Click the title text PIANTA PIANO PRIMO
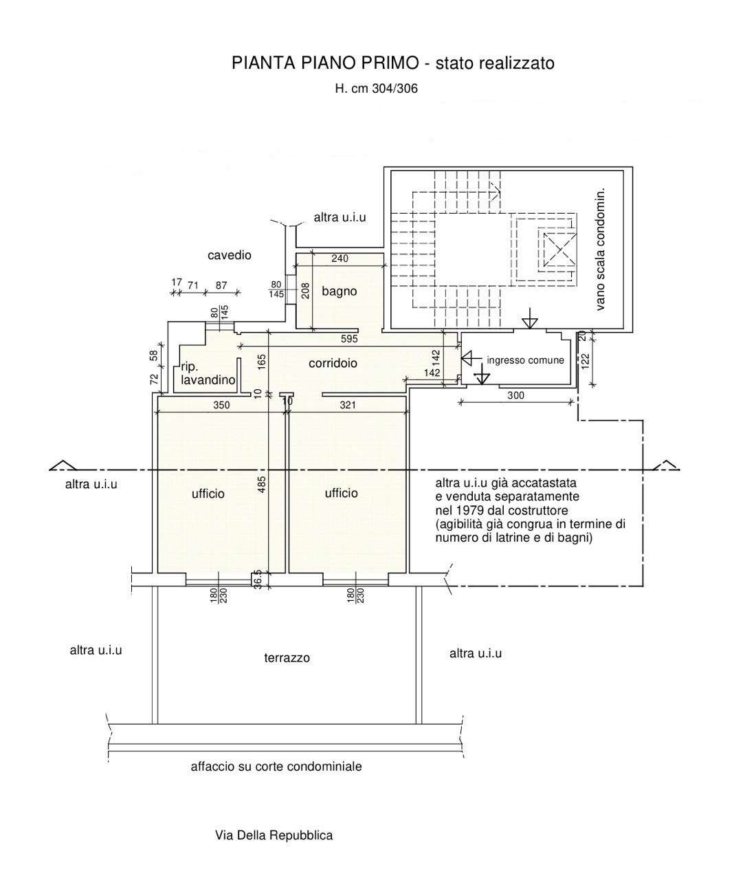[x=325, y=63]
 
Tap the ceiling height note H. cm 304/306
[x=377, y=89]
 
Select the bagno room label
[x=340, y=292]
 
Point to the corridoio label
[x=333, y=363]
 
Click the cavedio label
[x=230, y=255]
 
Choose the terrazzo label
[x=287, y=658]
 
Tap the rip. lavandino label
[x=208, y=373]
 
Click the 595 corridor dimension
[x=350, y=339]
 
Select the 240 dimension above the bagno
[x=340, y=258]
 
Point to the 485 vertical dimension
[x=262, y=485]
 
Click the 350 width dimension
[x=221, y=405]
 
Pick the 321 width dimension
[x=348, y=405]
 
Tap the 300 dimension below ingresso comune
[x=516, y=395]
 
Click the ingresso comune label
[x=525, y=360]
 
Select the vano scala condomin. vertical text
[x=600, y=250]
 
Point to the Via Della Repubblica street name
[x=274, y=835]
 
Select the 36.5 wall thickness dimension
[x=257, y=580]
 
